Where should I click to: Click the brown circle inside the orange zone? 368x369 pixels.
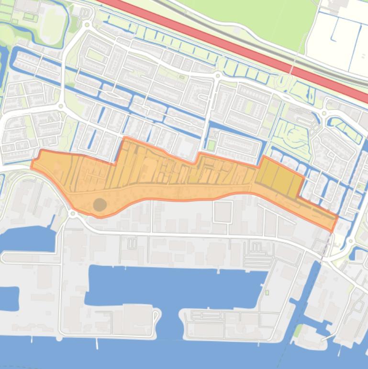point(100,205)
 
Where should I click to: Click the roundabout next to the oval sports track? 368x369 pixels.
point(87,24)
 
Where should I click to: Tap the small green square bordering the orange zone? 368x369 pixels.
point(211,145)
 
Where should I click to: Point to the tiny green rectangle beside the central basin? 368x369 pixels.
point(267,292)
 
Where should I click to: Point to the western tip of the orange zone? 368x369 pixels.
point(33,165)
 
